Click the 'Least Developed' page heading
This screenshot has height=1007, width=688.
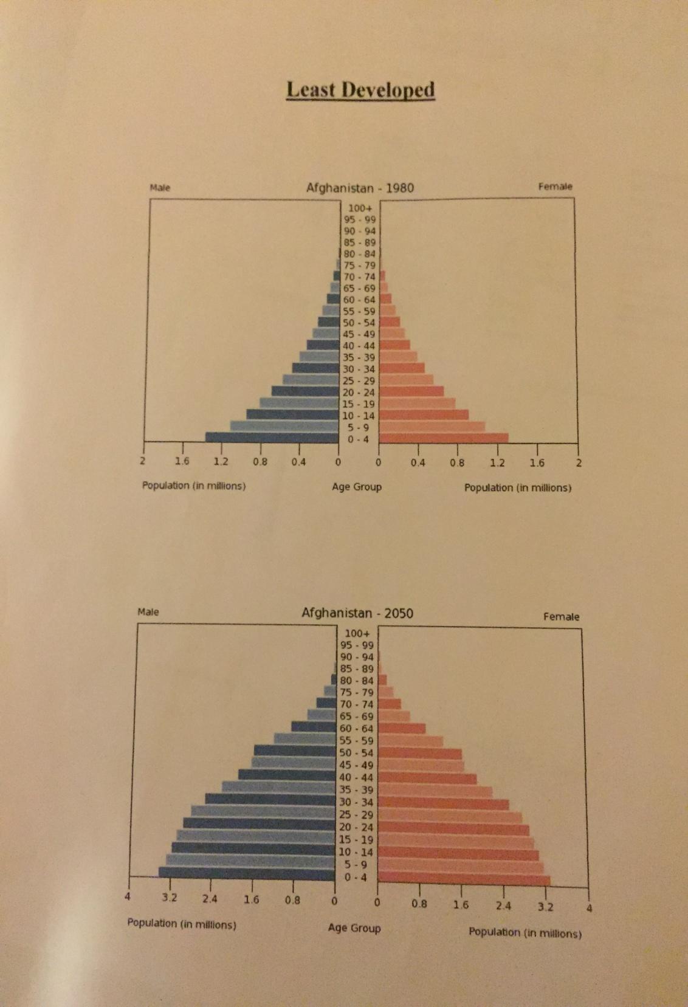point(360,90)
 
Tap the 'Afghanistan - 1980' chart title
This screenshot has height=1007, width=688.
point(360,188)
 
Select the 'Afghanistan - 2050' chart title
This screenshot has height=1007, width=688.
point(357,613)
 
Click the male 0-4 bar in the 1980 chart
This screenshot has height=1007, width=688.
point(272,438)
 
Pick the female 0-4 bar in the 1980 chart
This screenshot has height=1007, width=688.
point(443,438)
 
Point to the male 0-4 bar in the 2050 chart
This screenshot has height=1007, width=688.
point(247,873)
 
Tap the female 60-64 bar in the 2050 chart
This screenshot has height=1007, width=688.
point(401,728)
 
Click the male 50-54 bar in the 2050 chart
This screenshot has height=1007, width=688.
point(295,751)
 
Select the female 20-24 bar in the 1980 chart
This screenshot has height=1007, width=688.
point(411,391)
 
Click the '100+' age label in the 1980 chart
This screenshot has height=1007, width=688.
point(360,208)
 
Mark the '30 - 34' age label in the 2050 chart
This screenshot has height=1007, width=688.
point(356,802)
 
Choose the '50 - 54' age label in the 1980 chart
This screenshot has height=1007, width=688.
point(359,323)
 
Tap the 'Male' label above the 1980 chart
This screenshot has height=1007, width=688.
point(160,188)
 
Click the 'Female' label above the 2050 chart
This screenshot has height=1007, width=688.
point(561,617)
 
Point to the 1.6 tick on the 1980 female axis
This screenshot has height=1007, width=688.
point(537,463)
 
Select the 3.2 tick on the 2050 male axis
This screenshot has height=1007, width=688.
point(170,898)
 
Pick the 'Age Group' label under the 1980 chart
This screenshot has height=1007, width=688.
point(357,487)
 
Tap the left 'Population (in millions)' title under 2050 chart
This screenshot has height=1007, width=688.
point(182,924)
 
